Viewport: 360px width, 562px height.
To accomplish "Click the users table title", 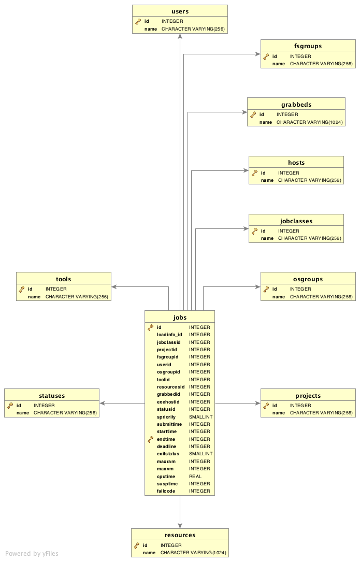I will tap(180, 11).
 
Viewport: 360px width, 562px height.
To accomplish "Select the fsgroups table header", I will tap(308, 46).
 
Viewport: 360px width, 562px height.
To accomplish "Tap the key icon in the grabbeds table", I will tap(254, 114).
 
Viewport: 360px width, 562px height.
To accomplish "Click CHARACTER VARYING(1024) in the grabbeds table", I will tap(309, 122).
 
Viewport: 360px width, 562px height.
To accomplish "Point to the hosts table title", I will tap(296, 163).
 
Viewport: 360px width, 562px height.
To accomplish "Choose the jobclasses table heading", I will tap(296, 221).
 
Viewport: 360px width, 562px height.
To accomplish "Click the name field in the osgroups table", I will tap(279, 297).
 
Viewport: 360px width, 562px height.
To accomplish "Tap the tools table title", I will tap(63, 279).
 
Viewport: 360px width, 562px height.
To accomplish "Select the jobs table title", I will tap(180, 318).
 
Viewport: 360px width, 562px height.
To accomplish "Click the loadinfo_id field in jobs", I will tap(169, 335).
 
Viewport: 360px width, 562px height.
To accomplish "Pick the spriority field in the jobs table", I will tap(166, 417).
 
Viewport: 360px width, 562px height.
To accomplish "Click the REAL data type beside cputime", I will tap(195, 477).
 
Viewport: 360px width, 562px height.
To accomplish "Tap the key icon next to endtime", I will tap(151, 439).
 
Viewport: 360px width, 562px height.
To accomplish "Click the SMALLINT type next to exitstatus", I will tap(200, 454).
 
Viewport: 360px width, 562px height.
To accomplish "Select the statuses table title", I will tap(51, 396).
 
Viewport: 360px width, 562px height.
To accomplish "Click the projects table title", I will tap(308, 396).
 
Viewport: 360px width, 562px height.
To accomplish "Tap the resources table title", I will tap(180, 535).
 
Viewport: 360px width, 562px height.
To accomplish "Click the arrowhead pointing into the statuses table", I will tap(103, 403).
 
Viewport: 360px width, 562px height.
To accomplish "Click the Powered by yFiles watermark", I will tap(32, 554).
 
